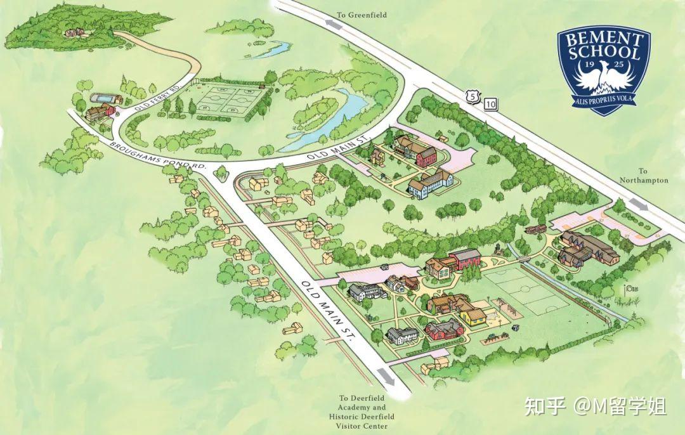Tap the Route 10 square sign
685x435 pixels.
point(490,103)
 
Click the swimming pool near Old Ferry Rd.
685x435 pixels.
point(105,100)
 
